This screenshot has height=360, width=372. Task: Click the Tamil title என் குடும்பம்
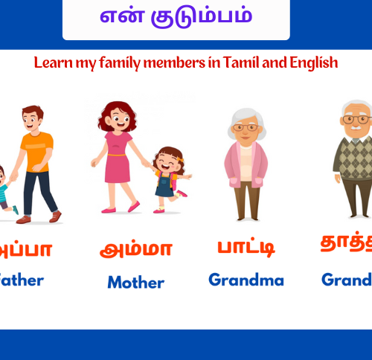click(x=176, y=16)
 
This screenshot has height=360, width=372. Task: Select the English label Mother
click(x=135, y=282)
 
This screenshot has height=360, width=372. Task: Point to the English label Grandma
click(x=246, y=280)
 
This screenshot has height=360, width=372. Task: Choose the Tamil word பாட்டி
click(x=245, y=246)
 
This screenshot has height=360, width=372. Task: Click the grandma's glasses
click(x=245, y=128)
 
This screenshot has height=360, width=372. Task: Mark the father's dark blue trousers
click(x=37, y=190)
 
